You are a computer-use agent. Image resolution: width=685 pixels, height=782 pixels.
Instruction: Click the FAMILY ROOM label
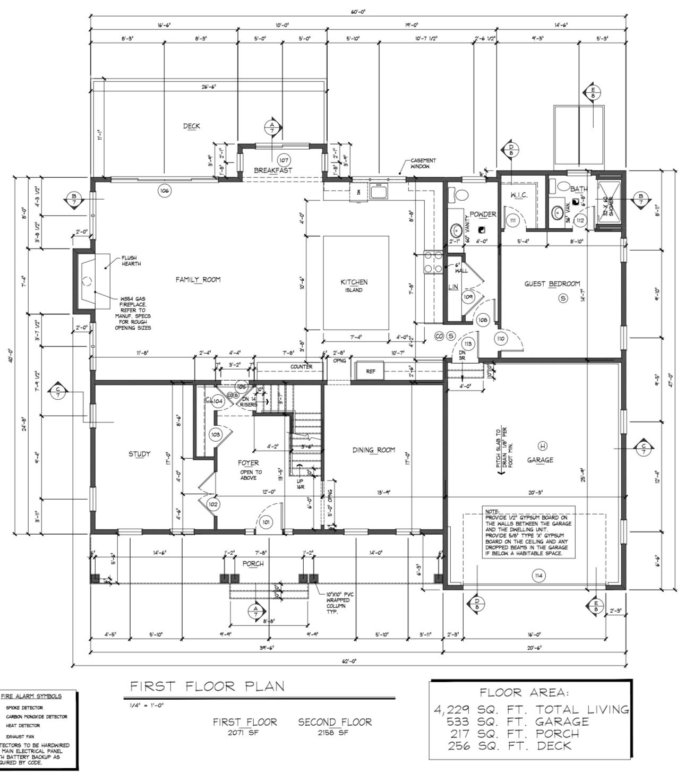[x=198, y=280]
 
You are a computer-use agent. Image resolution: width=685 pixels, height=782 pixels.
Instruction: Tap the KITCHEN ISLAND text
[x=354, y=286]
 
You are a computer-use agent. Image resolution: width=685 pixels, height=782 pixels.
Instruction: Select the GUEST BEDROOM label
[x=552, y=284]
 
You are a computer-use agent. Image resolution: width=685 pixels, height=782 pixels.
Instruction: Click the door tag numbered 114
[x=539, y=575]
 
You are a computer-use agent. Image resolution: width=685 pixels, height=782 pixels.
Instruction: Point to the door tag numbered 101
[x=266, y=522]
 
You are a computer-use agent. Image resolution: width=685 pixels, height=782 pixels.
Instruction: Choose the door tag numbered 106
[x=165, y=191]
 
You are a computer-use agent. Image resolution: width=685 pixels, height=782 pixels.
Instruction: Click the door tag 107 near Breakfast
[x=284, y=160]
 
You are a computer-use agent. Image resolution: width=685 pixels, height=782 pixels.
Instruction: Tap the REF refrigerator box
[x=370, y=371]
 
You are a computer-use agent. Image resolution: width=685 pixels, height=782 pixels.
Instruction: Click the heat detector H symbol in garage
[x=543, y=445]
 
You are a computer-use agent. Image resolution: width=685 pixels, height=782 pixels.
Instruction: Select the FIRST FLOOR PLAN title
[x=207, y=686]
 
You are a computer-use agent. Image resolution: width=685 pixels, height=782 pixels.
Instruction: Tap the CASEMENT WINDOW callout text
[x=423, y=164]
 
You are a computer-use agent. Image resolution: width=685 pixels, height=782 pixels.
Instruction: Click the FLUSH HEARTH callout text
[x=131, y=261]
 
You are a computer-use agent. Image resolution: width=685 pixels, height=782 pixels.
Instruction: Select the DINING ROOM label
[x=374, y=450]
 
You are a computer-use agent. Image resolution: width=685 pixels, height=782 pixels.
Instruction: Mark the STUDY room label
[x=140, y=454]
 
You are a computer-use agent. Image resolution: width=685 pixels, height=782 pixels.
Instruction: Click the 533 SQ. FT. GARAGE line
[x=518, y=721]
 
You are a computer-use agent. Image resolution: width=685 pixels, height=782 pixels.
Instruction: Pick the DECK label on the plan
[x=192, y=126]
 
